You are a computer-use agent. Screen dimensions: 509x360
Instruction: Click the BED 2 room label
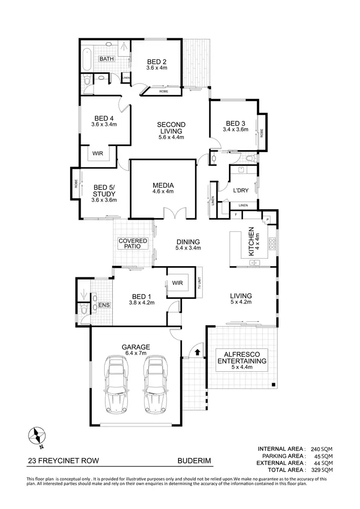pos(156,61)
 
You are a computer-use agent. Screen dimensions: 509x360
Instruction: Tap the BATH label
pos(106,59)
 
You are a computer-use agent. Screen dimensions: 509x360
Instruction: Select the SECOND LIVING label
pos(171,128)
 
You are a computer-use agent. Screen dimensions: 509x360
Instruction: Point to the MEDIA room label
pos(163,186)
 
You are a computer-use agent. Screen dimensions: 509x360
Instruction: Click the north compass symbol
pos(37,436)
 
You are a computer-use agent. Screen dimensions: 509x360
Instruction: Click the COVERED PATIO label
pos(132,243)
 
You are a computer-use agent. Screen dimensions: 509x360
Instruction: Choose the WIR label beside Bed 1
pos(178,283)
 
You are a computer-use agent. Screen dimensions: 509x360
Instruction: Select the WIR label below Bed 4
pos(98,154)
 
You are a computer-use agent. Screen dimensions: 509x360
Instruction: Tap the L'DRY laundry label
pos(240,190)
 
